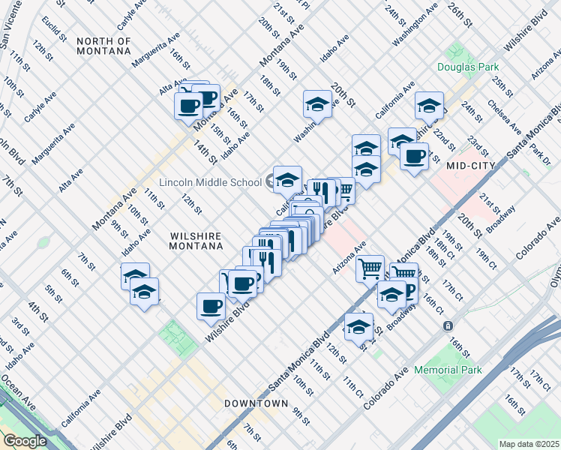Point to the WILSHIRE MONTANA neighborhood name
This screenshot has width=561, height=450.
tap(196, 241)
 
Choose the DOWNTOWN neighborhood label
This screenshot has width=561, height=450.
tap(256, 403)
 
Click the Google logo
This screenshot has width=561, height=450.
tap(24, 441)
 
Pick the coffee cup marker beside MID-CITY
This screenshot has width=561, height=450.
tap(414, 157)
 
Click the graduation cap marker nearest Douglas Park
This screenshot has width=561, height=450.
tap(429, 105)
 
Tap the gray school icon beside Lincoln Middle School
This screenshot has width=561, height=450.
tap(271, 181)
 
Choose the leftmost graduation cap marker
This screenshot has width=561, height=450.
tap(135, 277)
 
